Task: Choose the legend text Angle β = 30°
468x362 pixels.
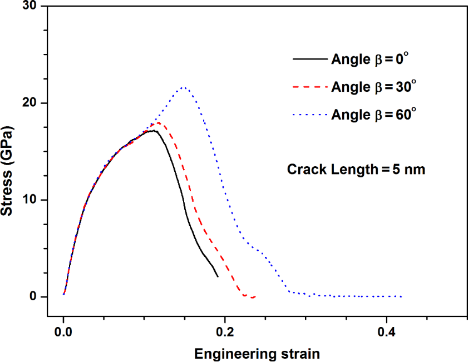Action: coord(373,87)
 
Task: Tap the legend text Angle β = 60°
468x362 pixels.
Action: coord(373,115)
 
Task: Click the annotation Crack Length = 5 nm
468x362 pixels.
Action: coord(356,170)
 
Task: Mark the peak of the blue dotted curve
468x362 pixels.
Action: coord(183,87)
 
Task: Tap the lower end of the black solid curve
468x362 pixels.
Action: coord(218,276)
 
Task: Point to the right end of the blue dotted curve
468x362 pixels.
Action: coord(401,296)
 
